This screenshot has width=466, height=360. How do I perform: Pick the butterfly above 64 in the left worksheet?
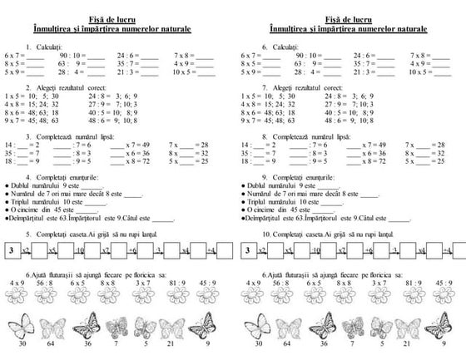(x=53, y=325)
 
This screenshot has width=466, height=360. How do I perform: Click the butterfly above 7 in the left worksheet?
(x=116, y=325)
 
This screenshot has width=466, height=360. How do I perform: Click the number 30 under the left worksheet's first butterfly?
(x=22, y=343)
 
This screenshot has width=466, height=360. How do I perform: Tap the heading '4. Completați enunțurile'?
(x=63, y=178)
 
